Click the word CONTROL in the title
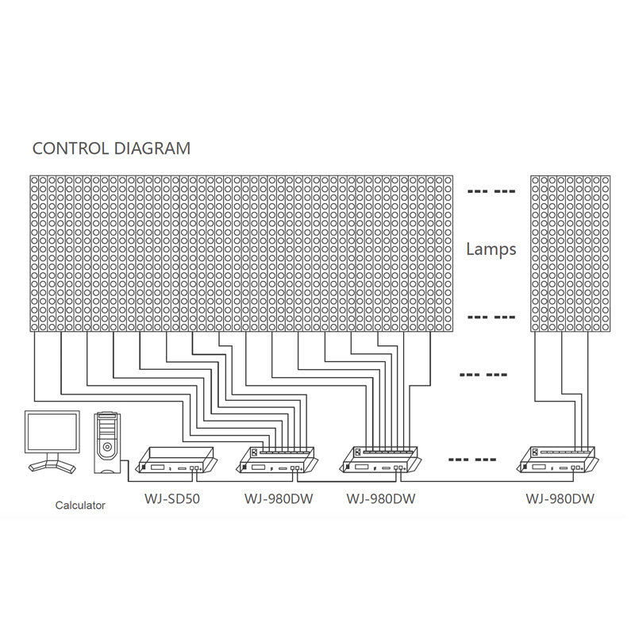click(x=71, y=148)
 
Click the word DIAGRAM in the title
click(x=152, y=148)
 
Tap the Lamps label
click(x=491, y=248)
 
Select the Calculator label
click(x=80, y=505)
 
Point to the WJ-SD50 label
click(x=172, y=498)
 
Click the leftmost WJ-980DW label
click(x=279, y=498)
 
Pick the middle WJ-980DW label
click(x=381, y=498)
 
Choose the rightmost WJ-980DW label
click(x=560, y=498)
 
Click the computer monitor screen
click(x=52, y=432)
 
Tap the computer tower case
click(x=107, y=443)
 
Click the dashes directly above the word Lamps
click(x=491, y=191)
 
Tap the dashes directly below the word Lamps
click(x=491, y=317)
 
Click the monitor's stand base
click(x=52, y=465)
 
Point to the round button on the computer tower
click(x=107, y=447)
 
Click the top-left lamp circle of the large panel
click(x=34, y=180)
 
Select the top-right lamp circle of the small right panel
click(x=606, y=180)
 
